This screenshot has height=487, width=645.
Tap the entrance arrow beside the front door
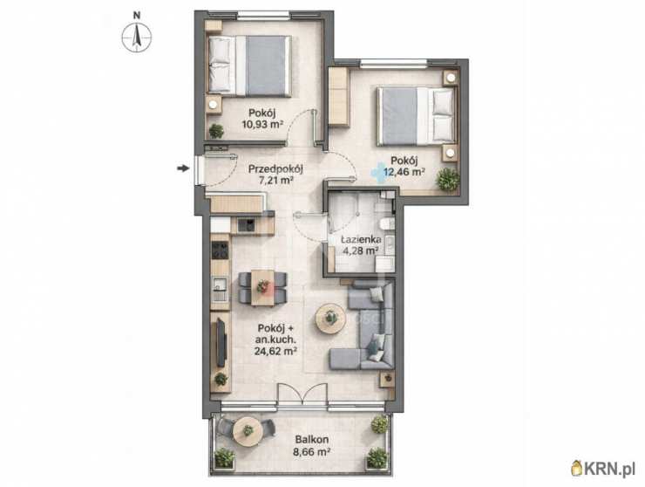(x=183, y=168)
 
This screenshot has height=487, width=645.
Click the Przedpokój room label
(x=275, y=168)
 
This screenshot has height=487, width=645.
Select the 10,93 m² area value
(x=262, y=124)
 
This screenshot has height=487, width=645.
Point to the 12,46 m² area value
(x=404, y=171)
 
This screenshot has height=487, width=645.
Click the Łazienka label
(x=361, y=239)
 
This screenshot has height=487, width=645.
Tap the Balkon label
(x=311, y=440)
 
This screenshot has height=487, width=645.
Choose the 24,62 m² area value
(x=275, y=351)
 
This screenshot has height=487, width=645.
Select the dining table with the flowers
(x=262, y=288)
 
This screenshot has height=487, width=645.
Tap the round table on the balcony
(x=248, y=431)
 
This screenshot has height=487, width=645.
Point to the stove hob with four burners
(x=220, y=250)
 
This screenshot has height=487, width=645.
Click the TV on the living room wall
(x=221, y=342)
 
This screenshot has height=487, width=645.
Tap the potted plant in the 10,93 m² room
(x=216, y=131)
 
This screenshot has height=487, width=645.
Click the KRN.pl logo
(x=603, y=469)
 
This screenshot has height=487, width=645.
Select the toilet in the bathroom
(x=387, y=223)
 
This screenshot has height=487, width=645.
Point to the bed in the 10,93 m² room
(x=249, y=66)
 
